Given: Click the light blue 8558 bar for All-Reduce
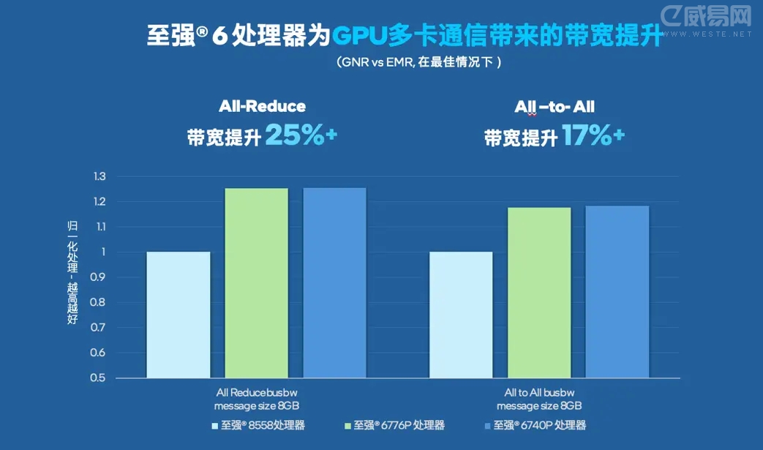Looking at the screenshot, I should tap(178, 315).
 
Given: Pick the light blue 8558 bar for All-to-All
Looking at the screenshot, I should tap(461, 315).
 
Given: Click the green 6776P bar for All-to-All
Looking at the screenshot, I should tap(539, 293).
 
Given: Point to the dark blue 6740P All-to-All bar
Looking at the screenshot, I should tap(617, 292).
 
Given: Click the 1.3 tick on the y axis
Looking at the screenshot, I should tap(99, 176).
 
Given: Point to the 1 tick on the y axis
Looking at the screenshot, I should tap(103, 252).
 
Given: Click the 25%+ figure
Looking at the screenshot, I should tap(301, 135).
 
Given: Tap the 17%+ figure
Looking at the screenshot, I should tap(593, 136).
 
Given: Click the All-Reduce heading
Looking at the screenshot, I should tap(262, 107).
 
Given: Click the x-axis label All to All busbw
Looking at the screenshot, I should tap(539, 392).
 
